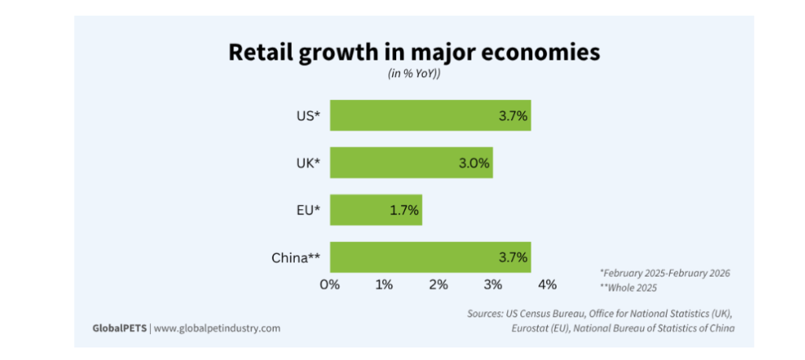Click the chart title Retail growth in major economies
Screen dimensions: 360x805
[414, 53]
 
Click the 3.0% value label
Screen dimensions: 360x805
[474, 163]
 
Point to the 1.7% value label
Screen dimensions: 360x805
[403, 211]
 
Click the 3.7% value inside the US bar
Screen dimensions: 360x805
[513, 116]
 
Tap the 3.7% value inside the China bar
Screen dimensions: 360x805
[513, 258]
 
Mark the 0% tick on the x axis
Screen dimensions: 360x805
[329, 284]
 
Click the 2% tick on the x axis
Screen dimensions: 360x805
[438, 284]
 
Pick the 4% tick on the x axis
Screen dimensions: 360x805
[547, 284]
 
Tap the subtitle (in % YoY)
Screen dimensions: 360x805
[414, 75]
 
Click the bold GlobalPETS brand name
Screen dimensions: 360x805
[119, 328]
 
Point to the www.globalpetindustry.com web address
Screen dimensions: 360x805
[216, 328]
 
